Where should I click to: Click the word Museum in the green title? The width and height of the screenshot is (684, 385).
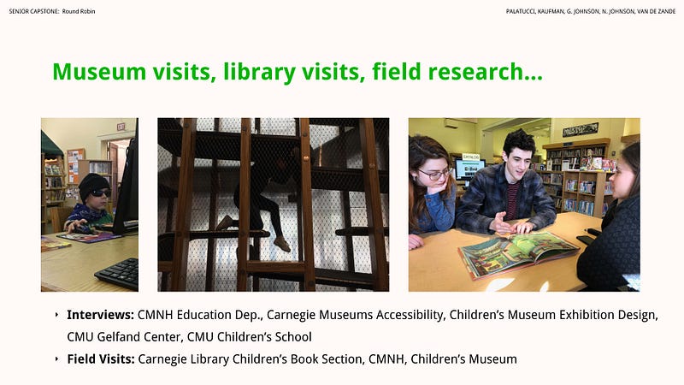pyautogui.click(x=99, y=72)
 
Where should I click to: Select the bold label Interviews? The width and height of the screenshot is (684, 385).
pyautogui.click(x=100, y=315)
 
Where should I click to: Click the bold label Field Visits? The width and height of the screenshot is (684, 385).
pyautogui.click(x=101, y=358)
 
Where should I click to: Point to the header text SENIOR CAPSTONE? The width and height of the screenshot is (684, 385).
pyautogui.click(x=34, y=11)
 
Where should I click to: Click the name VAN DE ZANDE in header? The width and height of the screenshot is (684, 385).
pyautogui.click(x=656, y=11)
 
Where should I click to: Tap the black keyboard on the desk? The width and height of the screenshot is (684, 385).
pyautogui.click(x=117, y=273)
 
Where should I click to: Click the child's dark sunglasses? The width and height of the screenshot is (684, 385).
pyautogui.click(x=100, y=193)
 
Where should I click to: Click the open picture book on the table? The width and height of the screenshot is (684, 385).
pyautogui.click(x=518, y=254)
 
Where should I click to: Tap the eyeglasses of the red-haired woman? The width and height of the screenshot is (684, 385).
pyautogui.click(x=433, y=175)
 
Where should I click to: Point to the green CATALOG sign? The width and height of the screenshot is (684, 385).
pyautogui.click(x=471, y=157)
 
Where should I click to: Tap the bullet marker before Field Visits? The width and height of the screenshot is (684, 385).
pyautogui.click(x=56, y=358)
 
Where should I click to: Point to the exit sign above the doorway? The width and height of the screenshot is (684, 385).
pyautogui.click(x=121, y=127)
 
